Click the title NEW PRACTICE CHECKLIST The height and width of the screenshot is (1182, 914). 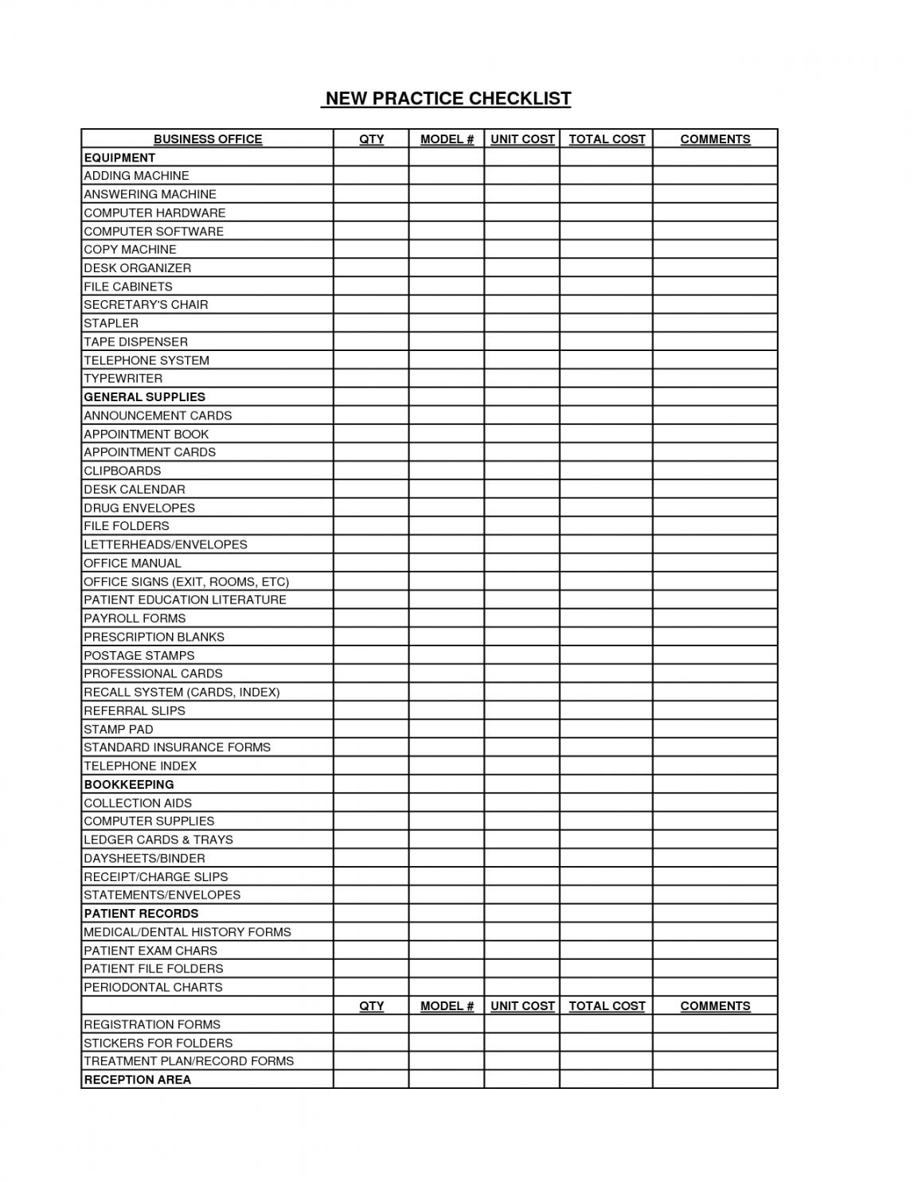447,99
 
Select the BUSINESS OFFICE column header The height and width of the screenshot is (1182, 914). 208,139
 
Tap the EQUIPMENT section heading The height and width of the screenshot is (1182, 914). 119,158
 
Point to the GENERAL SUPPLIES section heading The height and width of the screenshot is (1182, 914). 144,397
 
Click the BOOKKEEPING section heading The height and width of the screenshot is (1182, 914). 129,785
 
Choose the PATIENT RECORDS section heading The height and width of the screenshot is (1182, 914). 141,914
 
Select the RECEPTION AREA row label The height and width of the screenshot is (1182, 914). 137,1080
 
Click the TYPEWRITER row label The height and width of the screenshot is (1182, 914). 123,379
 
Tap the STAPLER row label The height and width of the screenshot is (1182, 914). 111,323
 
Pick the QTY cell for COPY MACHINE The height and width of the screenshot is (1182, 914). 371,250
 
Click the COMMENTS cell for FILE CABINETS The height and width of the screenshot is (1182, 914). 715,287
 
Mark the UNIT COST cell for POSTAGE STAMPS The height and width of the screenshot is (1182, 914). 521,656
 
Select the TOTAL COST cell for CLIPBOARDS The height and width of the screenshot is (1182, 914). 606,471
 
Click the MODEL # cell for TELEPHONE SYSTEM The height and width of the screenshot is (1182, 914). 447,361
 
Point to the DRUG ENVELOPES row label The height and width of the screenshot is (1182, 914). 139,508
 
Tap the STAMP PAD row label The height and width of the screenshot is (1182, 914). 118,729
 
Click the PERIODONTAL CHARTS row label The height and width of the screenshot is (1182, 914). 153,988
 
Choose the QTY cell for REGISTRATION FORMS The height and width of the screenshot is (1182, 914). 371,1024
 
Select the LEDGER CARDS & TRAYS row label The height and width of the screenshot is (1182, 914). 158,840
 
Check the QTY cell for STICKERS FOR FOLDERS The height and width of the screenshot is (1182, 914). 371,1043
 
